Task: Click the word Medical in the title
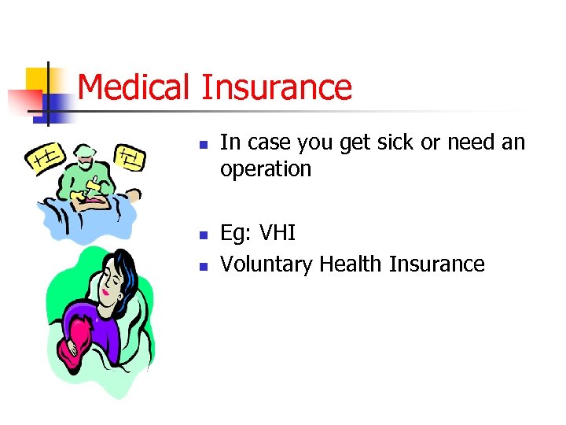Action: pyautogui.click(x=134, y=87)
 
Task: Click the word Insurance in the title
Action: pyautogui.click(x=277, y=87)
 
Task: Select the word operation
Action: pyautogui.click(x=266, y=169)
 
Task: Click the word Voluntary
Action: pyautogui.click(x=266, y=264)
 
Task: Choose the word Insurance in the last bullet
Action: pyautogui.click(x=437, y=264)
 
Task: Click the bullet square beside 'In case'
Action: pyautogui.click(x=202, y=146)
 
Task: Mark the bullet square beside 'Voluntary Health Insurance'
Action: pyautogui.click(x=202, y=267)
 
